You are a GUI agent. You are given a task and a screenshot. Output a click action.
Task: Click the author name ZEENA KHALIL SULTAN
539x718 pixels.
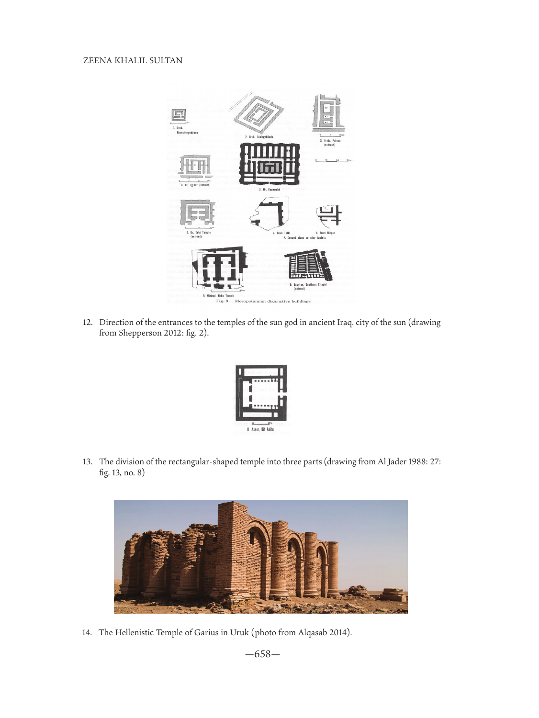pos(133,61)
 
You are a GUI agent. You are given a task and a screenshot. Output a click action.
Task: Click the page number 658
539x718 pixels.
pos(262,654)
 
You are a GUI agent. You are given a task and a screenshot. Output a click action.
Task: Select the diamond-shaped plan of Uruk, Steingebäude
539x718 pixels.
pos(259,113)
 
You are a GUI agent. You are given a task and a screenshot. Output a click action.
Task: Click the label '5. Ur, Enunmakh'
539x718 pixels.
pos(269,190)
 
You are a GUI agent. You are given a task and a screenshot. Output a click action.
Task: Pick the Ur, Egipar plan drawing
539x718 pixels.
pos(195,167)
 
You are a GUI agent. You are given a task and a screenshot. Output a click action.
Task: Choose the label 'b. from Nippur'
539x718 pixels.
pos(325,233)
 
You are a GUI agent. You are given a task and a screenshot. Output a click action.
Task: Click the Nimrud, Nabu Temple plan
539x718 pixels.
pos(220,268)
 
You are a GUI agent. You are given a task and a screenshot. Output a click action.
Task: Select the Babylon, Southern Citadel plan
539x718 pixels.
pos(308,265)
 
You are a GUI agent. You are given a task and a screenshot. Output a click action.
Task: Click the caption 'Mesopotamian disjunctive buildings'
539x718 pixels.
pos(272,302)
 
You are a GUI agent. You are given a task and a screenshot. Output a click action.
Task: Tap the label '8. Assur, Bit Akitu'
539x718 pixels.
pos(260,429)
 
